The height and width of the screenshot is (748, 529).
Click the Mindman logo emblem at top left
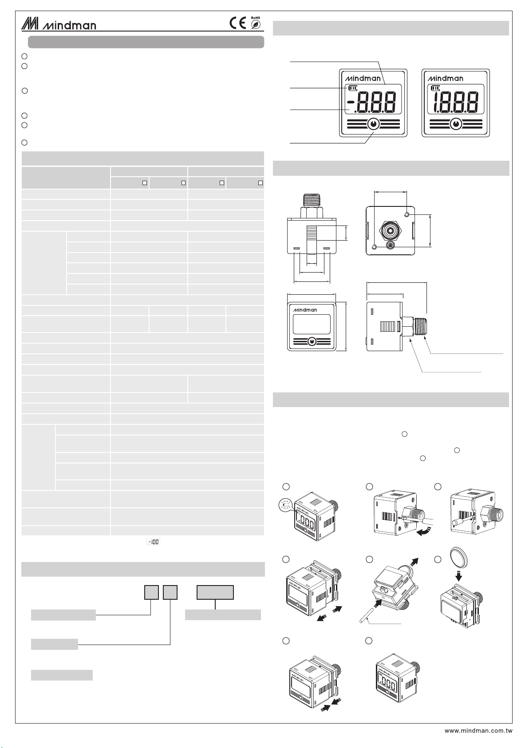30,24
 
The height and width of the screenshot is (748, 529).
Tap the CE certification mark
237,23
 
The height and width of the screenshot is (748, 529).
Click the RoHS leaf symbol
256,24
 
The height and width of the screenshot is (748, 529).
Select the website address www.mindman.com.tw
478,731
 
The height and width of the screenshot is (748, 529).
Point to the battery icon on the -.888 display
352,88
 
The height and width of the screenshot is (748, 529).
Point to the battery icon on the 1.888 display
435,88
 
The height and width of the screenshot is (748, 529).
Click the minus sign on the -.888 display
350,102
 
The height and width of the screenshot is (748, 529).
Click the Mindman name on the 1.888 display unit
445,79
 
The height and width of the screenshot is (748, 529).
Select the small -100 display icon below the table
153,542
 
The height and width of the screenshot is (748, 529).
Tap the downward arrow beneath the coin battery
458,576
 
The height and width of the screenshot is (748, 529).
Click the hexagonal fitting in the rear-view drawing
390,230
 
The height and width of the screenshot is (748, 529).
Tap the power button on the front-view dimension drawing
312,342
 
